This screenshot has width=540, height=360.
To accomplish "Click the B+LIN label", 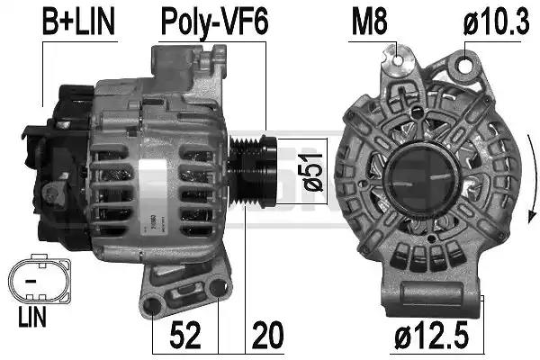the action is tap(78, 22).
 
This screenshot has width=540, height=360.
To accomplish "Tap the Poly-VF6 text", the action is tap(214, 22).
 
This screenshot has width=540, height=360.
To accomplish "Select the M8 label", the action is tap(369, 22).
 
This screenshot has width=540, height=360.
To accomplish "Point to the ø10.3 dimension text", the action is tap(496, 22).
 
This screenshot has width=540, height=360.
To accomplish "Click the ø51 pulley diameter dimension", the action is tap(313, 172).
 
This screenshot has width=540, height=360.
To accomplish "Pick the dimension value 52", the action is tap(185, 335).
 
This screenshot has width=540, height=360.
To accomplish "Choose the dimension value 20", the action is tap(267, 335).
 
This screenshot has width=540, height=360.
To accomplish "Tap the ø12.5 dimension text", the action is tap(431, 335).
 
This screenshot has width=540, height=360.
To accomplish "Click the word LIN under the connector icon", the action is tap(32, 318).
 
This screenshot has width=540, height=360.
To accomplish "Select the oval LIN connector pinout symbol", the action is tap(40, 276).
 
